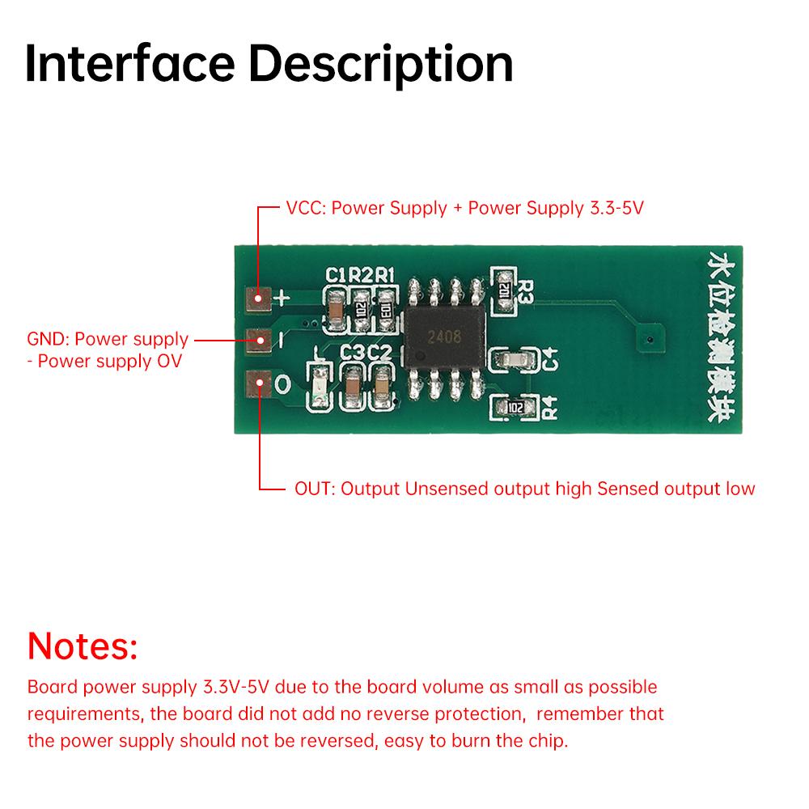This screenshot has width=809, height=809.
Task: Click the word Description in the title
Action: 385,65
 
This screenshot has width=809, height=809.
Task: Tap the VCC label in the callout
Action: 303,208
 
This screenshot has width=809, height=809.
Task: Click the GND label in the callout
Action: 47,339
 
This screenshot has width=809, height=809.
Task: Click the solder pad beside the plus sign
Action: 260,299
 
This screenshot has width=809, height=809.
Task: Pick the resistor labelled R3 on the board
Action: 503,289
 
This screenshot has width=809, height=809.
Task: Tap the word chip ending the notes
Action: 549,741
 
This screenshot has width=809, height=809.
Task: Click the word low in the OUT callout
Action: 741,489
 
